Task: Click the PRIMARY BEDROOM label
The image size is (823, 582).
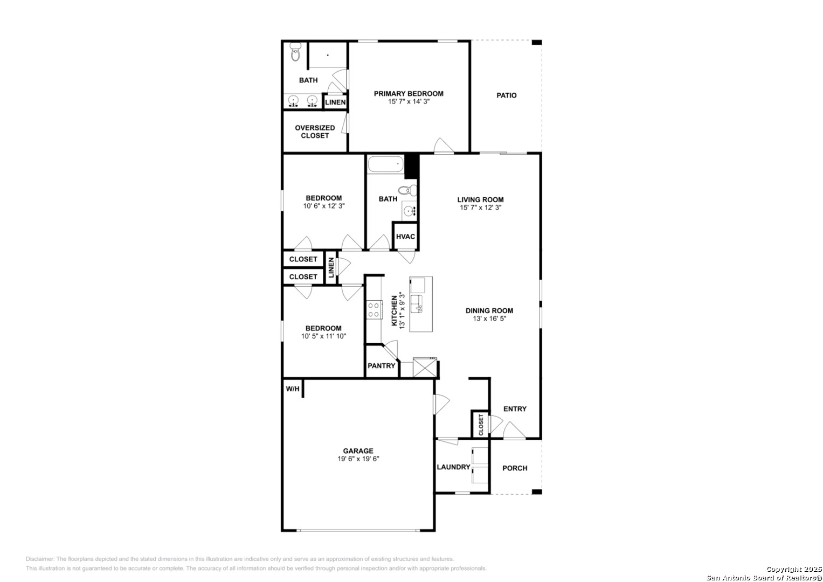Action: [409, 94]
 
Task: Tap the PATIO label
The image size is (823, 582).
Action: [507, 95]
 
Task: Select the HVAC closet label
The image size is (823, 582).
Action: [406, 237]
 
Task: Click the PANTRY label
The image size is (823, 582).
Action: [382, 365]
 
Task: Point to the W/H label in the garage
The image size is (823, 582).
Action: [293, 389]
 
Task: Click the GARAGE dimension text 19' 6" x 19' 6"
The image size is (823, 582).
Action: [358, 459]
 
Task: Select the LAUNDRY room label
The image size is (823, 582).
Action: [453, 467]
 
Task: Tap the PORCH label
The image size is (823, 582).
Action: [515, 468]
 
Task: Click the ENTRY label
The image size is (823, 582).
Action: [515, 409]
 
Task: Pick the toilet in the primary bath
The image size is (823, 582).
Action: [295, 52]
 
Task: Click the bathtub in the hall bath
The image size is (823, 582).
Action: [386, 164]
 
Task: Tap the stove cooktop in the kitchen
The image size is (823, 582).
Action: [374, 309]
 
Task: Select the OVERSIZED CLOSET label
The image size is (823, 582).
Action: [315, 131]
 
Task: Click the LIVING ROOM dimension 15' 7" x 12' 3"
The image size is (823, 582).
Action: [481, 207]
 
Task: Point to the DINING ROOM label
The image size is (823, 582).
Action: [489, 310]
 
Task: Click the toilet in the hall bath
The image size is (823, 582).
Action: [408, 190]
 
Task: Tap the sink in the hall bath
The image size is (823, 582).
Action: [409, 211]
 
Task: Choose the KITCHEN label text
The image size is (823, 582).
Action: [394, 310]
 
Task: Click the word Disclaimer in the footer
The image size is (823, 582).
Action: [40, 559]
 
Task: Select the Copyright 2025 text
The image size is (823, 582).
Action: [793, 569]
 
